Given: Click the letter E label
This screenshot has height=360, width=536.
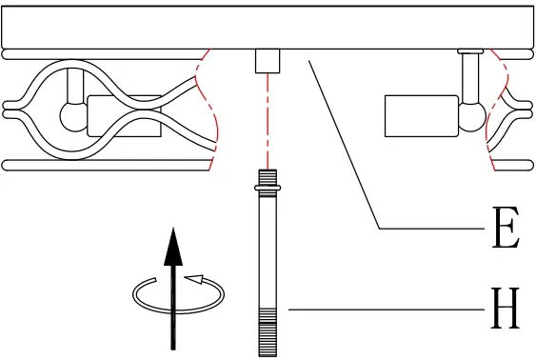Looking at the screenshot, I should pyautogui.click(x=506, y=230).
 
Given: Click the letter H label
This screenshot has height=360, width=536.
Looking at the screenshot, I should pyautogui.click(x=506, y=310).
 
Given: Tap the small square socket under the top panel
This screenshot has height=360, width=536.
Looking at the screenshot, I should pyautogui.click(x=268, y=60).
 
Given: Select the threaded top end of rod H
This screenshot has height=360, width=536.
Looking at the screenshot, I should pyautogui.click(x=268, y=178).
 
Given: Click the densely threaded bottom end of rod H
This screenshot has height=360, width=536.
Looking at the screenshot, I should pyautogui.click(x=268, y=332).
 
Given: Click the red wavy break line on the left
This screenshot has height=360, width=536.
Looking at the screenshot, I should pyautogui.click(x=210, y=110).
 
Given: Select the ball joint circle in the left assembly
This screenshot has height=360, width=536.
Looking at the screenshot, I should pyautogui.click(x=73, y=116).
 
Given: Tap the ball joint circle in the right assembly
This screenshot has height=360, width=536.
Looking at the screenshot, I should pyautogui.click(x=472, y=116).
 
